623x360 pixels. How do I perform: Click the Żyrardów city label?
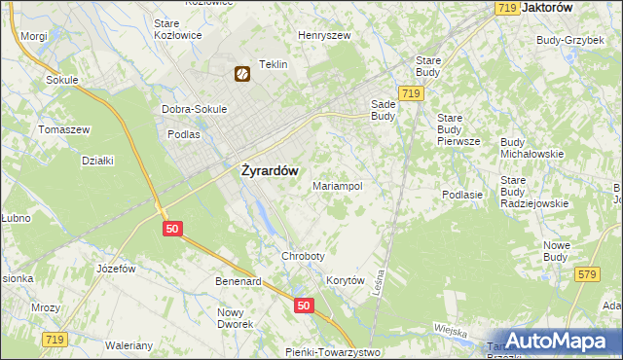click(270, 167)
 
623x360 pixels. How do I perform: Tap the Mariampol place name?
click(338, 185)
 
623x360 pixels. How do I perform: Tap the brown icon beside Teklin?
click(241, 72)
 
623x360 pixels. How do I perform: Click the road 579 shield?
click(586, 275)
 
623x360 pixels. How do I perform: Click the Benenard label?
click(238, 282)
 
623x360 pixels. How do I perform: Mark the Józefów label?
click(115, 268)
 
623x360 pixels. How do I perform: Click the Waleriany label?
click(129, 345)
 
